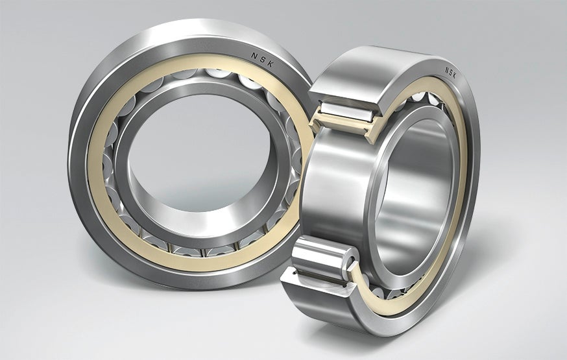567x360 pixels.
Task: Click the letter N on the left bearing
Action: tap(254, 55)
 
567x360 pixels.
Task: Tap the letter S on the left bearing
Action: tap(263, 59)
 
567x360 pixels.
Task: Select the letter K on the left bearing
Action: tap(271, 64)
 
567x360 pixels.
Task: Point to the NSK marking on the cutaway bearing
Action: tap(450, 73)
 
